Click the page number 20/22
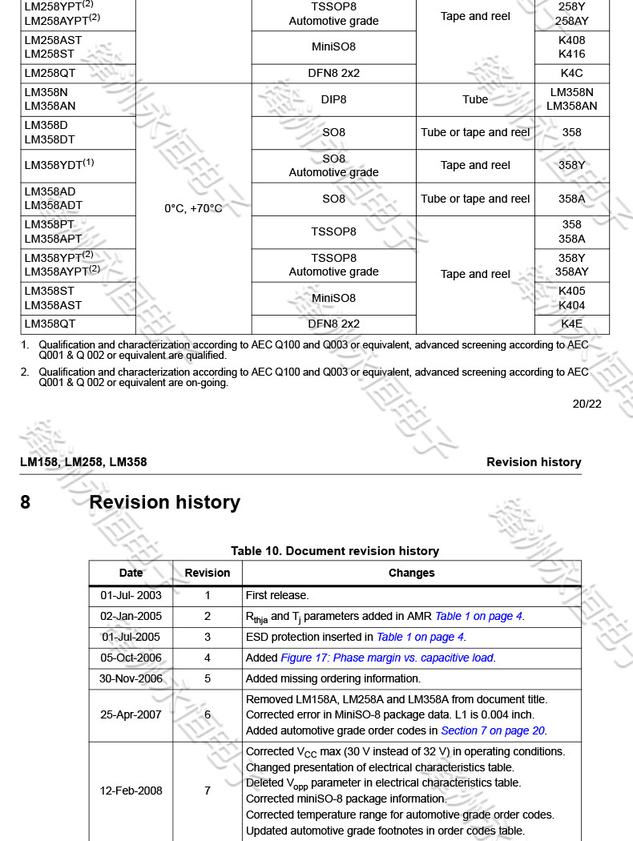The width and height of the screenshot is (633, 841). point(587,404)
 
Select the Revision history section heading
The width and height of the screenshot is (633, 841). point(164,502)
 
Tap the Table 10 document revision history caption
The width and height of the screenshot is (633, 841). point(335,551)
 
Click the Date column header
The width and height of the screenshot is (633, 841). point(131,573)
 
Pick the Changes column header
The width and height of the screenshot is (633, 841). point(411,573)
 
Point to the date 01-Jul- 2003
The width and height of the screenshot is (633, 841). point(131,595)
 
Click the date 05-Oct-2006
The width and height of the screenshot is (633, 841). point(131,658)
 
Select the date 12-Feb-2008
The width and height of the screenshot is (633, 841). point(131,791)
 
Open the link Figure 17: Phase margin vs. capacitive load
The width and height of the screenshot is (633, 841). point(387,658)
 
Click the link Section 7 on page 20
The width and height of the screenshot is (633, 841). point(493,730)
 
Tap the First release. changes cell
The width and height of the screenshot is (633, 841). point(277,595)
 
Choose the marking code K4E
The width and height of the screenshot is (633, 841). point(571,324)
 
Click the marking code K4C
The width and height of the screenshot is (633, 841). point(571,73)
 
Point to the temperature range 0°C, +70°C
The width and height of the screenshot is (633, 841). point(193,208)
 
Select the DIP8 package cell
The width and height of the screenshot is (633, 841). point(333,99)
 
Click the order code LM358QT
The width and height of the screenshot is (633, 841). point(50,324)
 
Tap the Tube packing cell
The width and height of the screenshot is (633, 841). point(475,99)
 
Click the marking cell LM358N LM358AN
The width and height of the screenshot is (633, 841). point(571,99)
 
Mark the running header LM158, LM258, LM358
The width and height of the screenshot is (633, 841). point(83,462)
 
